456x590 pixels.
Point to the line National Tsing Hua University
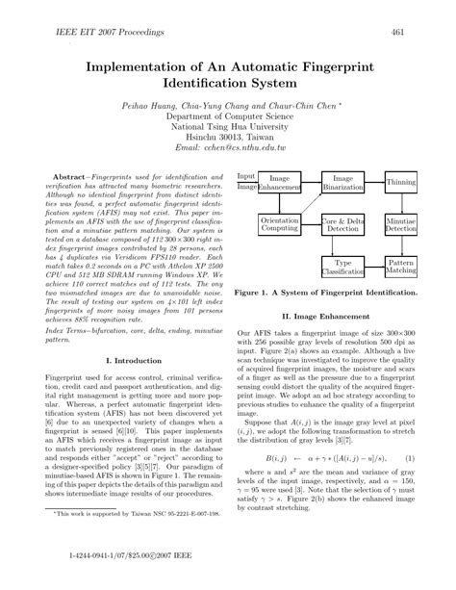coord(229,123)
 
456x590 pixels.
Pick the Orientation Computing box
coord(279,225)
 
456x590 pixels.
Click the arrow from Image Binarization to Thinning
coord(376,181)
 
